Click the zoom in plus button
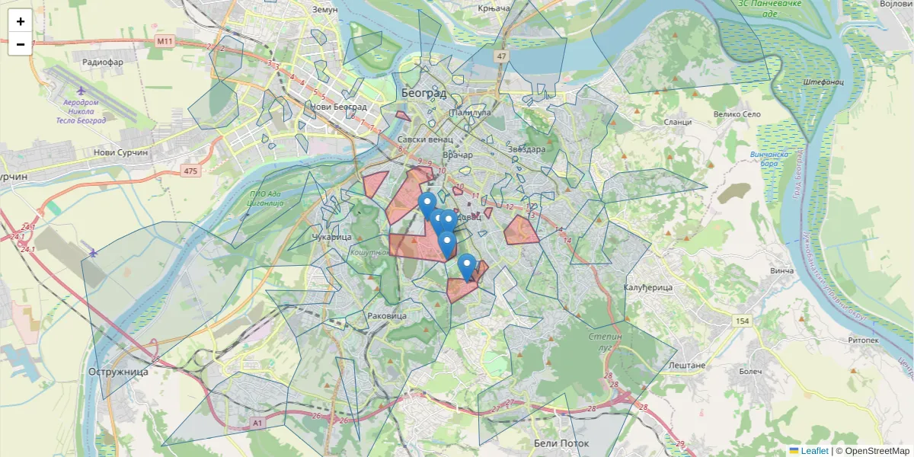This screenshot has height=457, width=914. click(20, 21)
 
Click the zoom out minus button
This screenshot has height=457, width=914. click(20, 44)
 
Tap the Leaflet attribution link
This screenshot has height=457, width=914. click(813, 451)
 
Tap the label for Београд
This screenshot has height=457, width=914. click(423, 93)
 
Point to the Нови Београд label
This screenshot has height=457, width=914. click(337, 107)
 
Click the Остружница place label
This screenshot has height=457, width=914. click(118, 372)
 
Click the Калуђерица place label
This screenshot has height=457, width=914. click(649, 288)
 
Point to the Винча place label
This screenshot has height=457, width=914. click(781, 270)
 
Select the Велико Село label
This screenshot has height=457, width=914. click(737, 114)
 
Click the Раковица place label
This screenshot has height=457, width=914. click(387, 315)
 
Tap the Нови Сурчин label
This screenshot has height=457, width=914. click(120, 152)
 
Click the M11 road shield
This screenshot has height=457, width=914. click(164, 40)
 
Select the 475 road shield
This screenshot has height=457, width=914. click(190, 171)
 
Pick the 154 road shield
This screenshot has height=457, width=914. click(743, 321)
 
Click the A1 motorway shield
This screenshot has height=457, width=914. click(257, 422)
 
